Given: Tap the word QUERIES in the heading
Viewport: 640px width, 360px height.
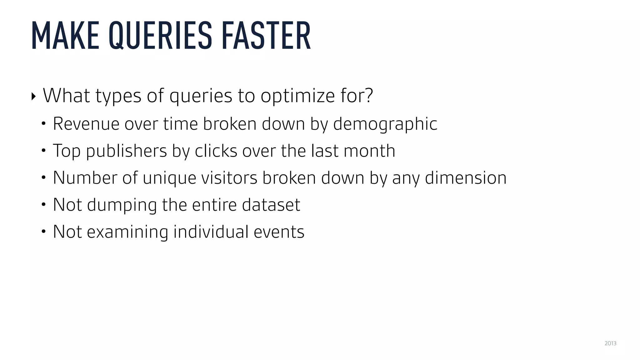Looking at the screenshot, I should click(x=160, y=35).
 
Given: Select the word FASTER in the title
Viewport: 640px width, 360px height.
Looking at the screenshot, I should click(x=266, y=35).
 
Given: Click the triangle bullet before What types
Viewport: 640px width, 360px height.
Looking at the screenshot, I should click(x=34, y=96).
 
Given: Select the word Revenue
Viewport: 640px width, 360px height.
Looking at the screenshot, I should click(x=86, y=124).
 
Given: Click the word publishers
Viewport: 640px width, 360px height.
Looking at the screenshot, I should click(x=126, y=151).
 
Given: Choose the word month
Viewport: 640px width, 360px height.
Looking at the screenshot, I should click(x=369, y=151).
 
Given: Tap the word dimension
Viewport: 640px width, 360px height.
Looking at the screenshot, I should click(x=465, y=178).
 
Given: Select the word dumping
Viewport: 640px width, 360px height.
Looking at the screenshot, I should click(x=122, y=205).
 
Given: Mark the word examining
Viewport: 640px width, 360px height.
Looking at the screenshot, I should click(x=127, y=232).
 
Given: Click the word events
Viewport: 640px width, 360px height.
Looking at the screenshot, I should click(x=279, y=232).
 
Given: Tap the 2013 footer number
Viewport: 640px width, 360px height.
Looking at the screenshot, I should click(x=610, y=343).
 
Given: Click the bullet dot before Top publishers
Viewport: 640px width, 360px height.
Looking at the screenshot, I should click(x=44, y=151).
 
